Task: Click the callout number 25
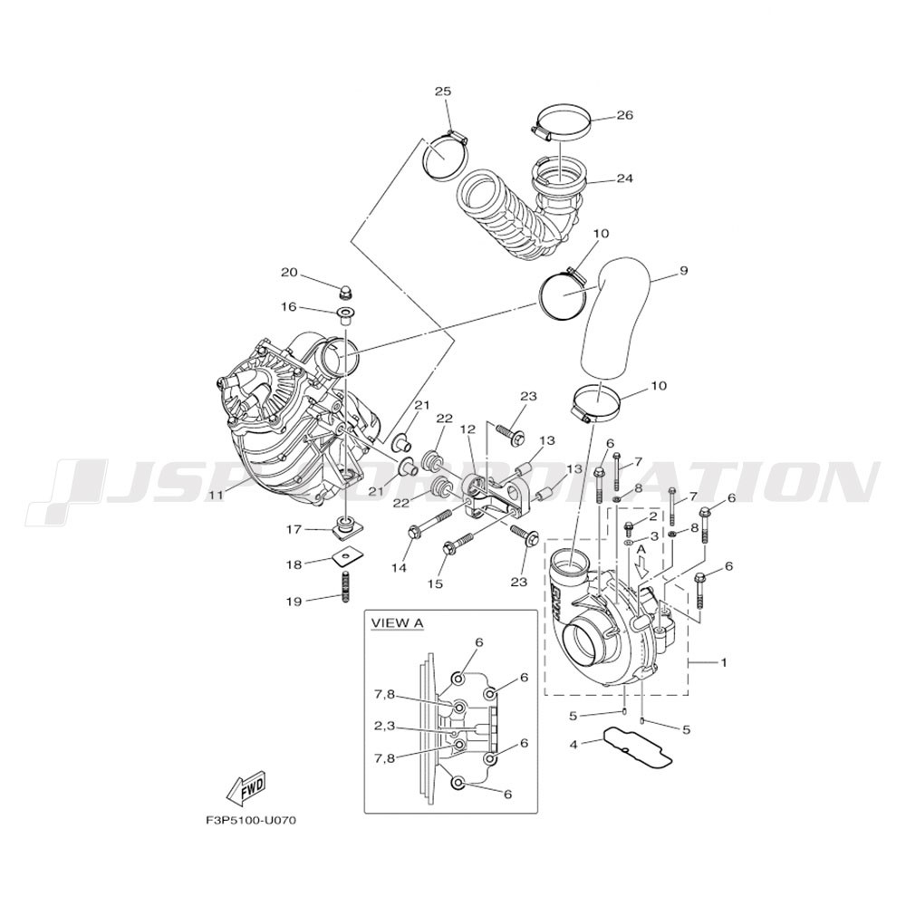pyautogui.click(x=443, y=92)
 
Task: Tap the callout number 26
pyautogui.click(x=624, y=115)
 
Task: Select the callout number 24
pyautogui.click(x=624, y=178)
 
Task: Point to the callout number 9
pyautogui.click(x=683, y=270)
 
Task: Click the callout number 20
pyautogui.click(x=290, y=272)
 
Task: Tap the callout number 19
pyautogui.click(x=294, y=602)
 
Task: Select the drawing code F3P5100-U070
pyautogui.click(x=251, y=821)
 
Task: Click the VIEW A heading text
pyautogui.click(x=397, y=623)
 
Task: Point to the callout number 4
pyautogui.click(x=573, y=745)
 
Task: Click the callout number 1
pyautogui.click(x=723, y=662)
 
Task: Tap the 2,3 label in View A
pyautogui.click(x=384, y=726)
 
